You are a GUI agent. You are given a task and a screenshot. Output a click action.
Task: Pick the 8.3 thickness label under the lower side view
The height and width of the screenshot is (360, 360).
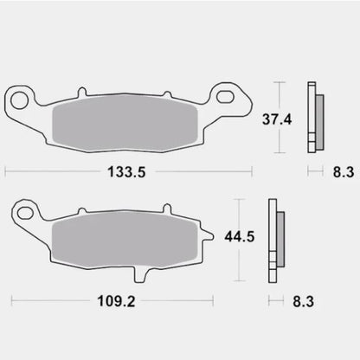coord(303,303)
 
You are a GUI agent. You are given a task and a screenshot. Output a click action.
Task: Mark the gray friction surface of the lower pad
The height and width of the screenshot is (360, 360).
coord(124,238)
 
